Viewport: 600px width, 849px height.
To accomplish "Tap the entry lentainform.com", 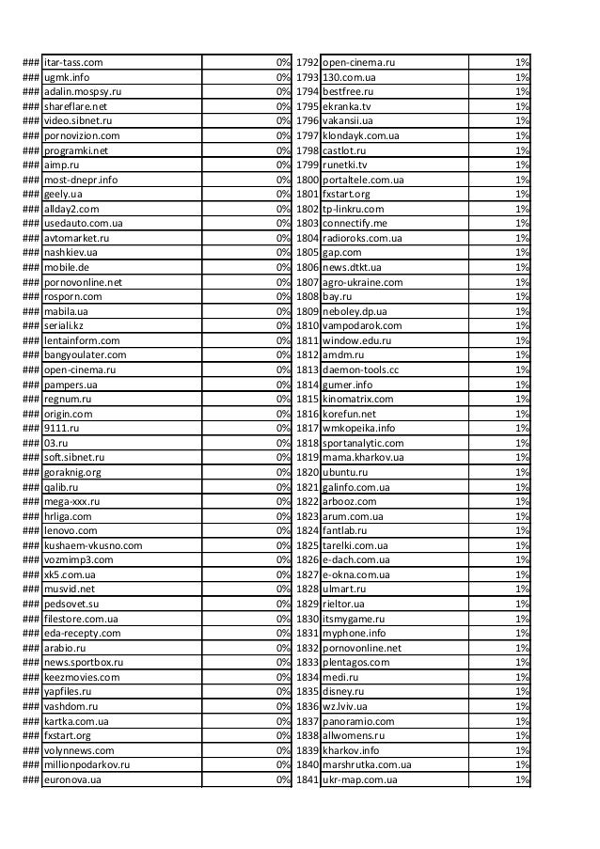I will click(x=82, y=340).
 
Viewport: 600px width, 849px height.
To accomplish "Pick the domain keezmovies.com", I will click(x=81, y=677).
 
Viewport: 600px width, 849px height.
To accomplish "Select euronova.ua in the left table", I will click(x=73, y=779).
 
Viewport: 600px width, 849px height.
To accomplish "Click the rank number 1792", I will click(x=308, y=63).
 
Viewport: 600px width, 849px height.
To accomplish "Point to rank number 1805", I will click(x=308, y=253).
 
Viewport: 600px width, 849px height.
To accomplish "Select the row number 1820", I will click(x=308, y=472).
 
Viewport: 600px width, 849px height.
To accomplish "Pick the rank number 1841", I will click(x=308, y=779).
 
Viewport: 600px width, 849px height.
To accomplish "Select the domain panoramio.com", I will click(x=358, y=721).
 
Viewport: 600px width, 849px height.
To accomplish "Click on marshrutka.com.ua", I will click(x=367, y=764).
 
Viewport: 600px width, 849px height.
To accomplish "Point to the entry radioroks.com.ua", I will click(x=362, y=238).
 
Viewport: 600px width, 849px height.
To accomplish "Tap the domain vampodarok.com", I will click(x=361, y=325).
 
